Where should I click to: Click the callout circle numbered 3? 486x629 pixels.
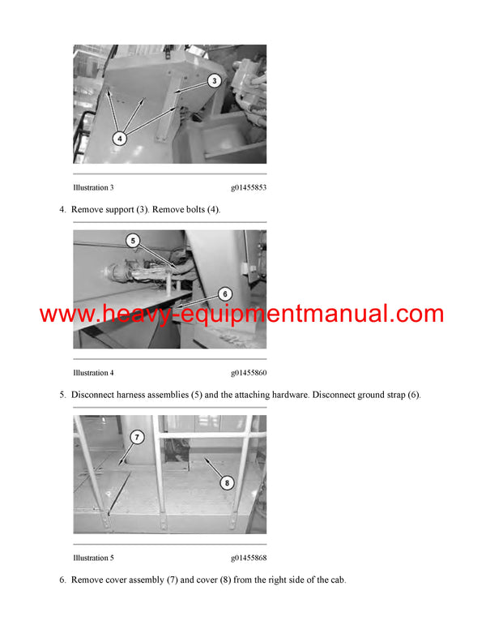(x=213, y=80)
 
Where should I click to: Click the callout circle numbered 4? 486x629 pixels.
(x=119, y=138)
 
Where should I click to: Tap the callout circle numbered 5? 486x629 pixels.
(x=134, y=241)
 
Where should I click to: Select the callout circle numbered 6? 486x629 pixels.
(x=224, y=294)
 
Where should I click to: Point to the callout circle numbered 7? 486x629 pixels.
(x=136, y=438)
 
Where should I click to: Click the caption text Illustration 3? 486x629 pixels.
(x=92, y=188)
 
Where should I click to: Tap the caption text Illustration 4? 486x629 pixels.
(x=92, y=373)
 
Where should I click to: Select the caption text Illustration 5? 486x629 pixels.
(x=92, y=558)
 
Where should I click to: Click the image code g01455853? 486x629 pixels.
(x=248, y=188)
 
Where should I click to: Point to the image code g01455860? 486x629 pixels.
(x=248, y=373)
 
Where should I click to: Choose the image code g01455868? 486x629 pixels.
(x=248, y=558)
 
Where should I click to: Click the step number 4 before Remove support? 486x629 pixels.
(x=62, y=210)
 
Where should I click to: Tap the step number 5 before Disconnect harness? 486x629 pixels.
(x=62, y=395)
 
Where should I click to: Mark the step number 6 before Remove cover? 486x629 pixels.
(x=62, y=580)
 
